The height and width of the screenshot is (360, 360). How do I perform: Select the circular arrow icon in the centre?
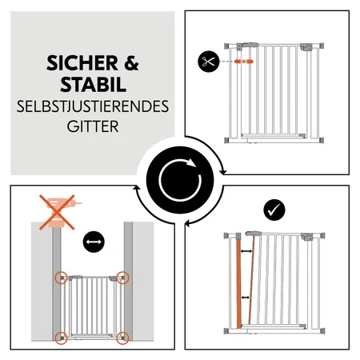(179, 180)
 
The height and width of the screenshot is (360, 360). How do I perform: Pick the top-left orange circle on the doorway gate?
(61, 278)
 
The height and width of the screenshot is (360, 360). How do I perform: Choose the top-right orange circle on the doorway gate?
(122, 278)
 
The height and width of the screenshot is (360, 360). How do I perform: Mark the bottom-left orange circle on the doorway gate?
(61, 337)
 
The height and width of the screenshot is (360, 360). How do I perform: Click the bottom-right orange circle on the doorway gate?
(122, 337)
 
